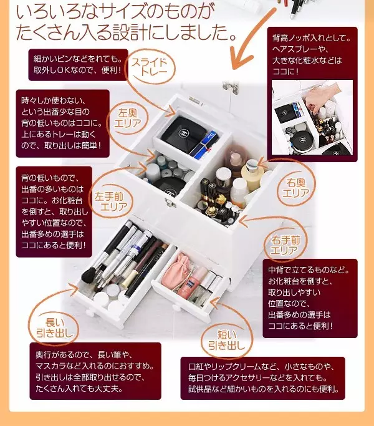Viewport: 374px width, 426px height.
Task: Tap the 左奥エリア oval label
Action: click(x=128, y=118)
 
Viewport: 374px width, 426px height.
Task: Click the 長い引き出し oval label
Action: click(x=54, y=327)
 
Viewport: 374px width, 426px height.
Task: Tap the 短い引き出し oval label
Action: click(x=227, y=340)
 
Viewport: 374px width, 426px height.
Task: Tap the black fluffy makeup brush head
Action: click(x=90, y=276)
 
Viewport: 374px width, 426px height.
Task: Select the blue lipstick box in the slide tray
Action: click(x=206, y=145)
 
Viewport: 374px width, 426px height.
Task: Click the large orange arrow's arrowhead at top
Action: click(x=239, y=60)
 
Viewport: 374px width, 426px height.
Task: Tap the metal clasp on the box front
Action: click(x=170, y=203)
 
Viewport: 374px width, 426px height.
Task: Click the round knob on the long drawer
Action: click(x=90, y=312)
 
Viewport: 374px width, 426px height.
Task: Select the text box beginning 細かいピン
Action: click(x=78, y=65)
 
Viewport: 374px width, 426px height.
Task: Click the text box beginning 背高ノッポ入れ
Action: click(x=312, y=94)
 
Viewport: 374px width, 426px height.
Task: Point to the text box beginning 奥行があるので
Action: click(x=95, y=371)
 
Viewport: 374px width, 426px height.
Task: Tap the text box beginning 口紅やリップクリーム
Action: click(x=262, y=378)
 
